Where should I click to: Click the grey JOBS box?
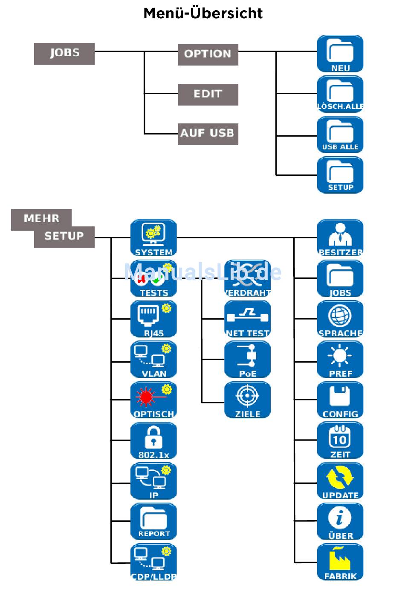[64, 53]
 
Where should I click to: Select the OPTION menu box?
[208, 54]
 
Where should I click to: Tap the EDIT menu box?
[208, 94]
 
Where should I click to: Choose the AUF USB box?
[208, 134]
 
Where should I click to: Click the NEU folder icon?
[340, 54]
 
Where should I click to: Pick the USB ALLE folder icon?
[340, 134]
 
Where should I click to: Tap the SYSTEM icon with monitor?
[153, 237]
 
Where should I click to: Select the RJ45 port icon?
[153, 319]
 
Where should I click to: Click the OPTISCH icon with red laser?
[153, 400]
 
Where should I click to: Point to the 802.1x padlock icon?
[153, 440]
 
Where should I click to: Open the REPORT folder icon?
[153, 521]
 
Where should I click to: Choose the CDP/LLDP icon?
[153, 562]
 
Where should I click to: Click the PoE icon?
[248, 359]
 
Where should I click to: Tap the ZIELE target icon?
[248, 400]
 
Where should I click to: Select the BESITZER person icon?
[340, 237]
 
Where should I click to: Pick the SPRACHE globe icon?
[340, 319]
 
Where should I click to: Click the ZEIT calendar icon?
[340, 440]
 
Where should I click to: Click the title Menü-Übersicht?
[203, 14]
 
